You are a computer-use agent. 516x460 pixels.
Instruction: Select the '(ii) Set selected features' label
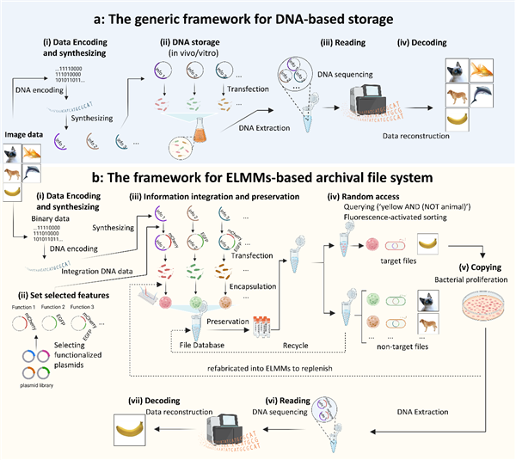coord(54,276)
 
